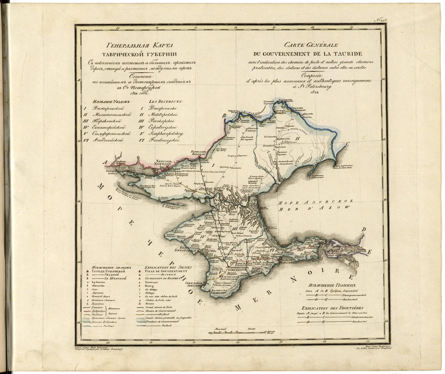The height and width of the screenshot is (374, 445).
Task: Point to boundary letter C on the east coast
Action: [347, 143]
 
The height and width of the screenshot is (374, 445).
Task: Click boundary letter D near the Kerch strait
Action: [363, 229]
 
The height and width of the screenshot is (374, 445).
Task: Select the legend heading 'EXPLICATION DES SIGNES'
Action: [169, 268]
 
